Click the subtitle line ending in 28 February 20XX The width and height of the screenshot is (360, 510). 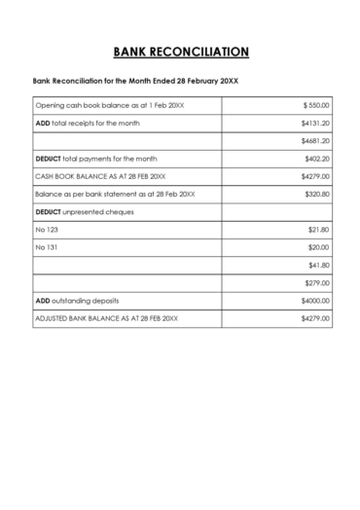pyautogui.click(x=129, y=81)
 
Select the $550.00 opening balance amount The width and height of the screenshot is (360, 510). pyautogui.click(x=317, y=105)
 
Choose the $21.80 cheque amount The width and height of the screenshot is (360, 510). pyautogui.click(x=319, y=230)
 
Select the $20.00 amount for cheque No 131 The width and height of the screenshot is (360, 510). pyautogui.click(x=319, y=247)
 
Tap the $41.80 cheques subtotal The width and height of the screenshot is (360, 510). pyautogui.click(x=319, y=265)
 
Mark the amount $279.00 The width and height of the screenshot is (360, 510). pyautogui.click(x=318, y=283)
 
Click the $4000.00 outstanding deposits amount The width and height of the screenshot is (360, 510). pyautogui.click(x=316, y=301)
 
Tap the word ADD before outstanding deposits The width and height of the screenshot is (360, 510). pyautogui.click(x=42, y=301)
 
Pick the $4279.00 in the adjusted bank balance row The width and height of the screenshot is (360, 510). pyautogui.click(x=316, y=318)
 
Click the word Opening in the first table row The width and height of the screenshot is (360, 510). pyautogui.click(x=49, y=105)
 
